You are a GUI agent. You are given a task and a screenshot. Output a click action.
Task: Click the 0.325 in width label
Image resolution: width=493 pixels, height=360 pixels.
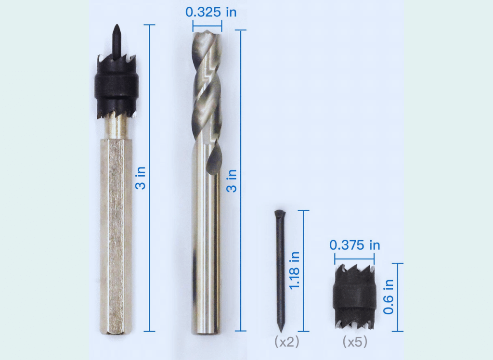pyautogui.click(x=211, y=12)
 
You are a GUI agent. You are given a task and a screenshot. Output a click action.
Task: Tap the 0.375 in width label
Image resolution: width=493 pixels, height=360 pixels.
pyautogui.click(x=355, y=245)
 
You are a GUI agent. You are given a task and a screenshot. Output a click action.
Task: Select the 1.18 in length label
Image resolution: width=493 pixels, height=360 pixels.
pyautogui.click(x=294, y=270)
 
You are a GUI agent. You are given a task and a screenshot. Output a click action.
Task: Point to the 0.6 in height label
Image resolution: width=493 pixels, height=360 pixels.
pyautogui.click(x=389, y=296)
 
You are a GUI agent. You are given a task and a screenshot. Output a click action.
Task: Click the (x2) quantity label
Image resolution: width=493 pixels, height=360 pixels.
pyautogui.click(x=287, y=342)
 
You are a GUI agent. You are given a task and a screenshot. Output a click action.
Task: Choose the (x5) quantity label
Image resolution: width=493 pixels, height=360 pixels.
pyautogui.click(x=355, y=342)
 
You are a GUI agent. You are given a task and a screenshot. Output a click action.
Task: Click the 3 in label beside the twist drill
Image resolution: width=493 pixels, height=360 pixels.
pyautogui.click(x=232, y=181)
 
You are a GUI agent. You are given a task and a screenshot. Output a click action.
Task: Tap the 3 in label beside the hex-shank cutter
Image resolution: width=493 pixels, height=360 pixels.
pyautogui.click(x=141, y=178)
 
